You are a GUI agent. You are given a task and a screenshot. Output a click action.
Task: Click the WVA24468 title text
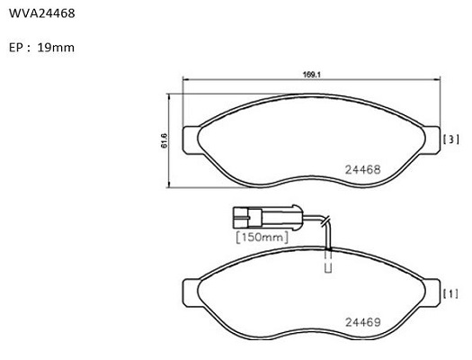[42, 13]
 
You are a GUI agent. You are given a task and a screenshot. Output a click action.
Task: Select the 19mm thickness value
[56, 48]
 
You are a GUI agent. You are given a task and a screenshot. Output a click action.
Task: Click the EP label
[16, 48]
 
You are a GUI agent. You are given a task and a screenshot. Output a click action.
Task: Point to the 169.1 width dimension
[312, 75]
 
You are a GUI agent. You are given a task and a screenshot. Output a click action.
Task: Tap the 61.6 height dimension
[165, 140]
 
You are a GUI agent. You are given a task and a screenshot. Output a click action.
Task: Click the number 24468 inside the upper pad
[362, 169]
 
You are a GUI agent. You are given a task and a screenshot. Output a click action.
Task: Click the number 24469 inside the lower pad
[362, 322]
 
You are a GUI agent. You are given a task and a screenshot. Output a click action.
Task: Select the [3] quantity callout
[451, 139]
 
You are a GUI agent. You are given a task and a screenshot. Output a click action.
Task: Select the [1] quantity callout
[451, 293]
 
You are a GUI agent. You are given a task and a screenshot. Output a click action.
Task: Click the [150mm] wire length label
[262, 237]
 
